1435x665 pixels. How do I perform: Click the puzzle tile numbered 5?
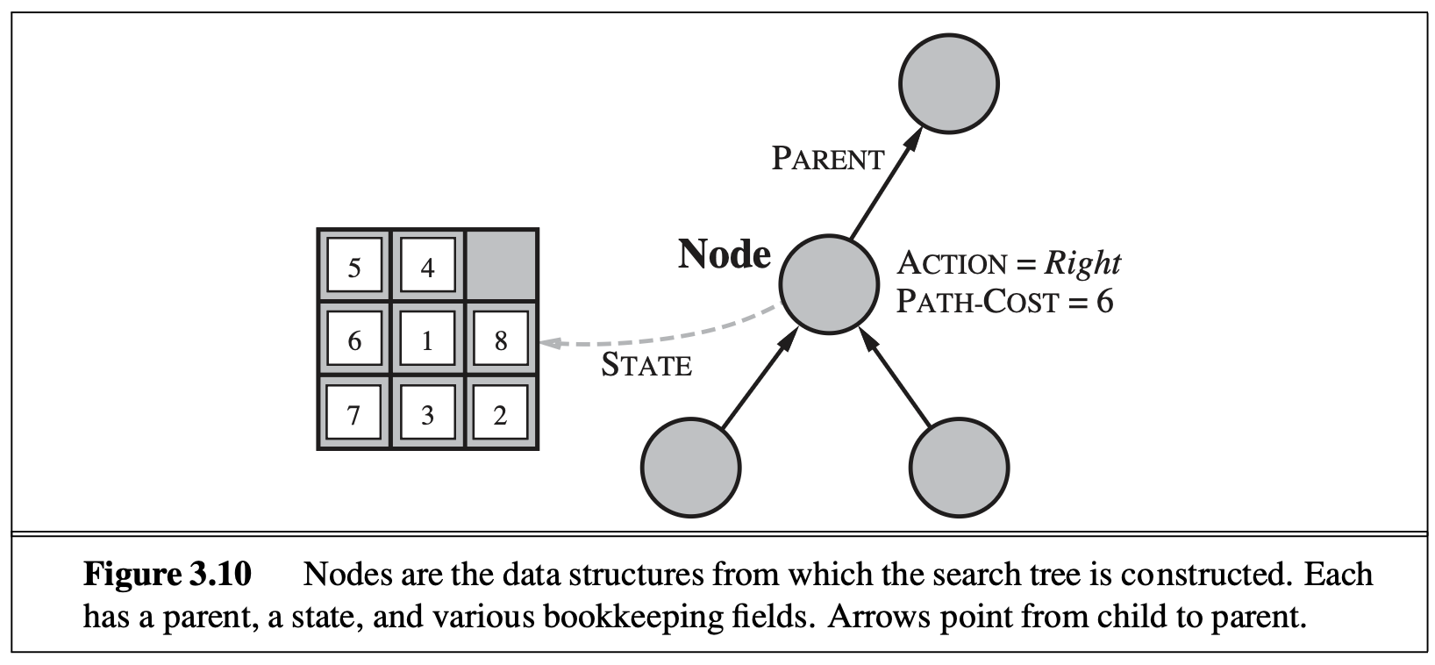click(x=354, y=267)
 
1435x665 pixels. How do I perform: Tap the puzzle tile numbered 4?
click(x=427, y=267)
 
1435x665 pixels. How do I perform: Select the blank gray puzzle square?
click(x=501, y=266)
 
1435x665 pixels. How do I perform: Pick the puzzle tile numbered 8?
click(x=501, y=340)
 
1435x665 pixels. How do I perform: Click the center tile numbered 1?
click(x=427, y=340)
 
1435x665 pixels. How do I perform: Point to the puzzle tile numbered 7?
click(x=354, y=413)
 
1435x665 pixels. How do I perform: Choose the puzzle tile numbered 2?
click(x=501, y=413)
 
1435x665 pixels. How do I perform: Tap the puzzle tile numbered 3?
click(x=427, y=413)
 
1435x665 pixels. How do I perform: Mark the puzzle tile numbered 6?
click(x=354, y=340)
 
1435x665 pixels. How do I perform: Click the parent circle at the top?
click(x=948, y=84)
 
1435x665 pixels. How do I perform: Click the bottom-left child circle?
click(x=690, y=465)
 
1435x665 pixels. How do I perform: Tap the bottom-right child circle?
click(x=960, y=465)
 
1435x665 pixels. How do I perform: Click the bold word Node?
click(x=725, y=254)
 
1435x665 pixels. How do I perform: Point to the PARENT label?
click(x=828, y=160)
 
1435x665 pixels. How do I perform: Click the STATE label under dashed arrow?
click(x=646, y=366)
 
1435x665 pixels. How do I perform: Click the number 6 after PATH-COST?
click(x=1104, y=302)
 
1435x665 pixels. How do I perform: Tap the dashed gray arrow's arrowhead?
click(x=548, y=343)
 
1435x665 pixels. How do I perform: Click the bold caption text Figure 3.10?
click(x=168, y=576)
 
